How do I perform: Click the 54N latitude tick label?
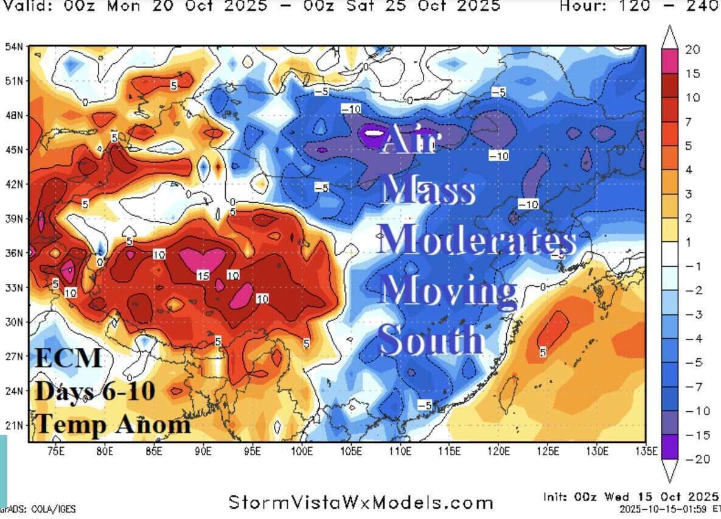point(14,47)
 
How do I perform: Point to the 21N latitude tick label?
point(14,425)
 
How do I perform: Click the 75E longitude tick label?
point(55,451)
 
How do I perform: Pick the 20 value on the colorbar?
point(692,50)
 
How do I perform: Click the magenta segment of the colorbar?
point(670,61)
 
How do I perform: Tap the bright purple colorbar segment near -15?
point(670,447)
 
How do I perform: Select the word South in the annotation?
point(431,339)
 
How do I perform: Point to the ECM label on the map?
point(68,358)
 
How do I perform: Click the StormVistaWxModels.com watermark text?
point(361,503)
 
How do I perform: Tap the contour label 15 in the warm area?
point(203,276)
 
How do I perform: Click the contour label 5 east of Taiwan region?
point(543,352)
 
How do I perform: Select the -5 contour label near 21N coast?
point(425,404)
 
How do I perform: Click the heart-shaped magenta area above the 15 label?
point(203,259)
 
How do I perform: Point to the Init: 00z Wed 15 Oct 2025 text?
point(630,496)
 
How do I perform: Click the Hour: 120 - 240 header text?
point(639,6)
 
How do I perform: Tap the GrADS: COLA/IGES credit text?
point(38,509)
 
